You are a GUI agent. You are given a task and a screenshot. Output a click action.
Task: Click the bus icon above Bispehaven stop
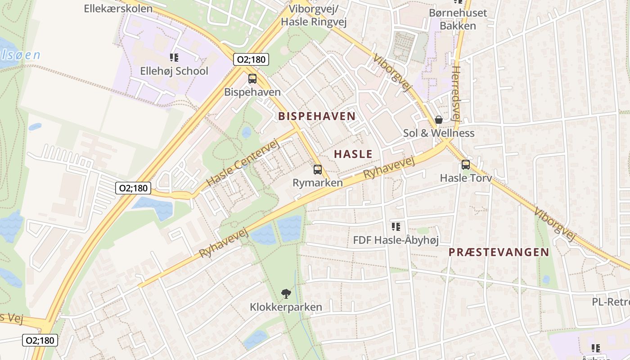252,79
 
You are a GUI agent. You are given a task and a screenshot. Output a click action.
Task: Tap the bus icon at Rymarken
318,170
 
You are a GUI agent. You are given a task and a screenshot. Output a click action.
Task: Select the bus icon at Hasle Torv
466,165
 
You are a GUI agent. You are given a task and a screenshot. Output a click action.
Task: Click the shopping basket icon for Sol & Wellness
439,120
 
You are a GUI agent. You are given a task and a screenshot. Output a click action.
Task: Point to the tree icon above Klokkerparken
286,294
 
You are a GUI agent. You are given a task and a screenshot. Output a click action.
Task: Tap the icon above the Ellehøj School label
174,58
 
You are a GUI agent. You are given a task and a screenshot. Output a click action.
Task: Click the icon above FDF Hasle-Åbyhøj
396,227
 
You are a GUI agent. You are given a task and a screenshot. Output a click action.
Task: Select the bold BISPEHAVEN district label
317,116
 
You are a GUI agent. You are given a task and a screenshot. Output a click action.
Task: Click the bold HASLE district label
353,154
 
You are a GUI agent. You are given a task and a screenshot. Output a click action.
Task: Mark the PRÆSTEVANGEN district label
499,252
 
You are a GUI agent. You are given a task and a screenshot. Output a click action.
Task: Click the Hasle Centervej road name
243,163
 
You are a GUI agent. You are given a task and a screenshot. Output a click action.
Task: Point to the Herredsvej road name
456,94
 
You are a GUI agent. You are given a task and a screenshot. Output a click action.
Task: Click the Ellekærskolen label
118,8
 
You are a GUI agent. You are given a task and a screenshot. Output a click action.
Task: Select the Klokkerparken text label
286,307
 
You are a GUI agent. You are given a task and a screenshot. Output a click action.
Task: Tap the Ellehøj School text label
174,71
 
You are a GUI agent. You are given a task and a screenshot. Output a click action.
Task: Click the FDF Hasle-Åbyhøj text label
396,240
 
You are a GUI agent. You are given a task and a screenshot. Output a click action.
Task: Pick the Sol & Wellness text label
439,133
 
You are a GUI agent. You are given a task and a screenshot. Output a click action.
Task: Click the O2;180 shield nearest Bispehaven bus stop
251,59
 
